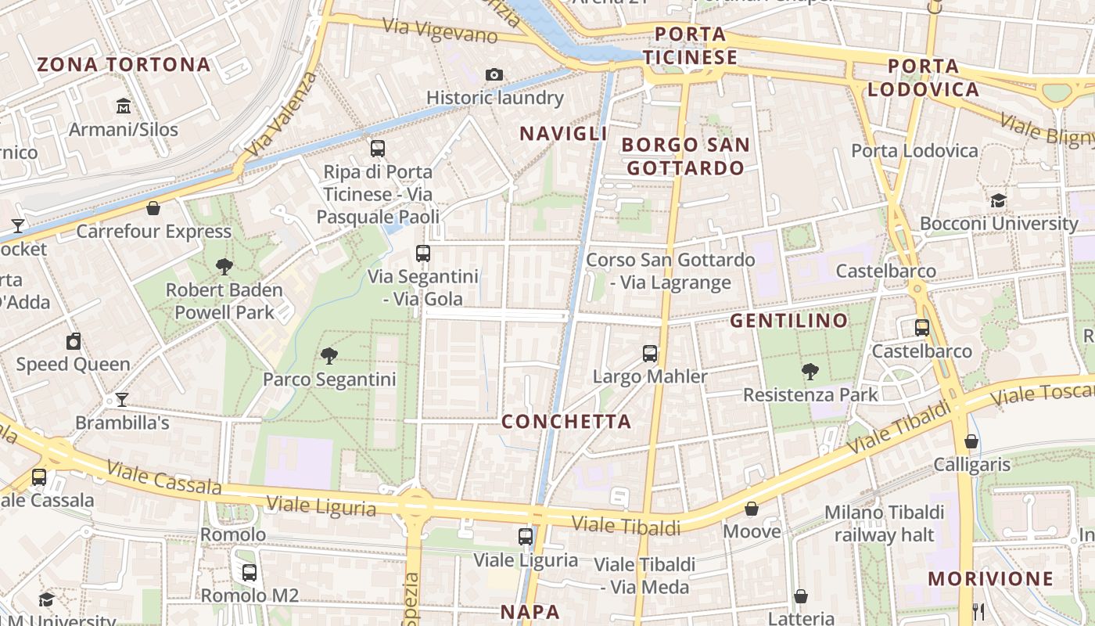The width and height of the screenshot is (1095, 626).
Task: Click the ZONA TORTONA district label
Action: pos(124,64)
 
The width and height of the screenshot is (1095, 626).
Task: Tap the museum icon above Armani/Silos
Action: pos(124,106)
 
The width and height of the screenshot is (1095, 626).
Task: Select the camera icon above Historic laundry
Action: pos(494,74)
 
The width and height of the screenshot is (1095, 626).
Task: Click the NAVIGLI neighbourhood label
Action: pos(563,134)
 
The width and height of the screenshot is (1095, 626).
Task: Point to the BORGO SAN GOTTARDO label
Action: pos(686,156)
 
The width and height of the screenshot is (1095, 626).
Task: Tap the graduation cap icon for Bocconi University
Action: pos(998,200)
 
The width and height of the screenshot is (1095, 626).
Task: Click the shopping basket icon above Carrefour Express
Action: pos(153,208)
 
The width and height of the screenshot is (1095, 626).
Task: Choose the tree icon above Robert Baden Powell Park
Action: pos(224,267)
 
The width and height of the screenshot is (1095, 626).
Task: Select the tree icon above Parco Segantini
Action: pos(329,356)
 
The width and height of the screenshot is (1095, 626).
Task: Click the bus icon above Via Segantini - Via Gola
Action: pos(423,253)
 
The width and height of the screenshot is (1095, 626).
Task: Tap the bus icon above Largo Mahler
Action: pos(650,353)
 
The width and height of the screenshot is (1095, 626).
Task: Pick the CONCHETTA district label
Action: pos(566,422)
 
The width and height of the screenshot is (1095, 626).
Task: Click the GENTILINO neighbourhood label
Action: pos(789,321)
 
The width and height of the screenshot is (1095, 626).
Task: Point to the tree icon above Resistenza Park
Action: pos(810,372)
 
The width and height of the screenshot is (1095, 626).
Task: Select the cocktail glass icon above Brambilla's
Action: pos(122,400)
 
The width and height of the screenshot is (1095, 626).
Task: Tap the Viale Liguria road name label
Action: pos(321,505)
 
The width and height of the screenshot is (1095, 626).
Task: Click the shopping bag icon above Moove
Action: pos(752,509)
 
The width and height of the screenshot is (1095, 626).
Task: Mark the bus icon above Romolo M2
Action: pos(250,573)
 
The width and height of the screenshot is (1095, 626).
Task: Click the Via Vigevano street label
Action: pos(440,30)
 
